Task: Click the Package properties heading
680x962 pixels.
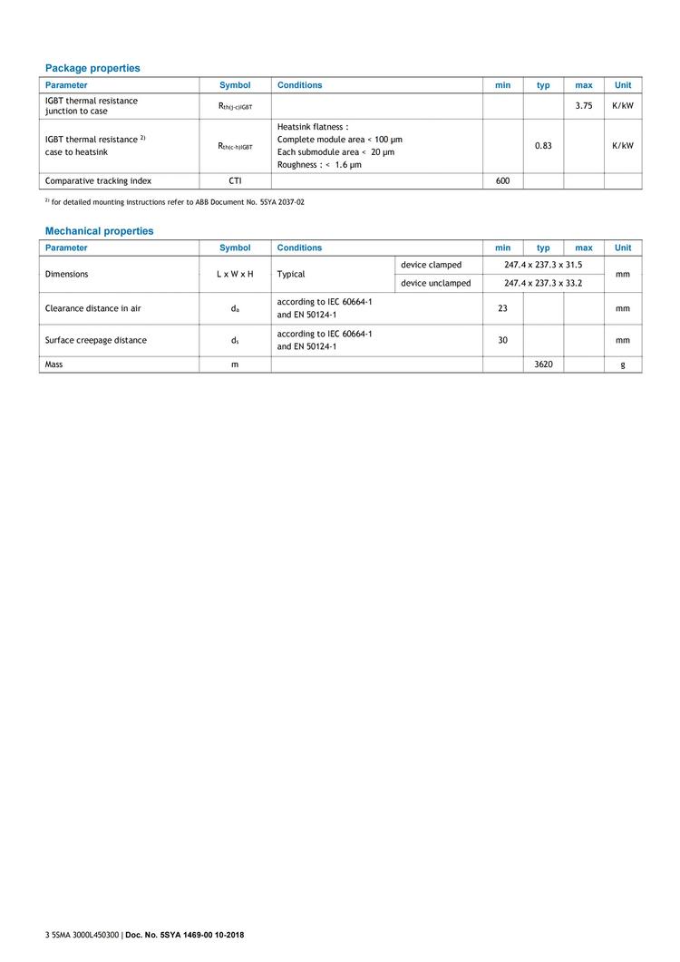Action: [92, 68]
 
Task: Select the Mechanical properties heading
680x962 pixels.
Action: [99, 231]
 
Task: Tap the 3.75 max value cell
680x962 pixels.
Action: [583, 106]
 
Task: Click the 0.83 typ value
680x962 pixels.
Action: [543, 145]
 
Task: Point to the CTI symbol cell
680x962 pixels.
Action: [235, 180]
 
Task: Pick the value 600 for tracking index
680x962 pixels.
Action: [502, 180]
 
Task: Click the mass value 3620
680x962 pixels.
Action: [543, 364]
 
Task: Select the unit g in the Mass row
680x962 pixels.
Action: [622, 364]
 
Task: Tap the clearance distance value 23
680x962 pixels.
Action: [502, 308]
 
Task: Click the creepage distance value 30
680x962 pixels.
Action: [502, 340]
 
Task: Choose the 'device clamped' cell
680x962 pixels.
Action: [431, 265]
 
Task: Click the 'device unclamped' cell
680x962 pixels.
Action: [435, 283]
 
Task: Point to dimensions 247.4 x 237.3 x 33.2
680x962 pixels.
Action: [543, 283]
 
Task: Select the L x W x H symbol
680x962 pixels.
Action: [235, 274]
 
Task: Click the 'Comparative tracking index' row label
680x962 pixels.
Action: [98, 180]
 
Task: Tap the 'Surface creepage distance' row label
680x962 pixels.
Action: [95, 340]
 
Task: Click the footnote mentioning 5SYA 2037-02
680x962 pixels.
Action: [177, 201]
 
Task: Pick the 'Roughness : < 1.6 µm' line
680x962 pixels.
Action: [318, 165]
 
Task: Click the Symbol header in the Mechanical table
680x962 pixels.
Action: [235, 248]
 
